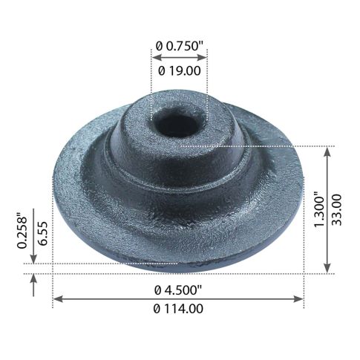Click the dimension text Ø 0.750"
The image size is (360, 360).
point(179,45)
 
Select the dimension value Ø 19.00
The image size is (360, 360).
point(179,70)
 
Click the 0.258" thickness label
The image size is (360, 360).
point(23,231)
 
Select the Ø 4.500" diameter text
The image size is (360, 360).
point(179,289)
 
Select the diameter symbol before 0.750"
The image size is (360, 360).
point(159,45)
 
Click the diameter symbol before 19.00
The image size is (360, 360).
point(162,70)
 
